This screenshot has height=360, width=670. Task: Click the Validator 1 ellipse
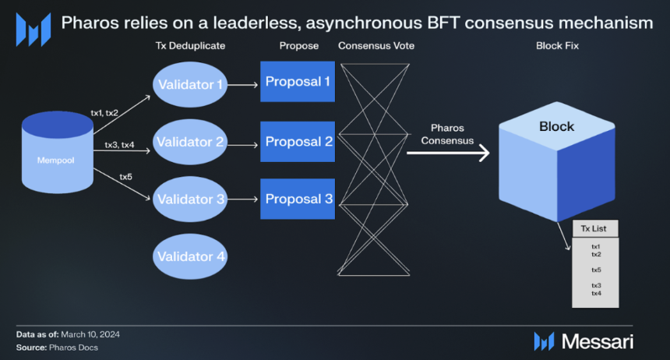pyautogui.click(x=190, y=84)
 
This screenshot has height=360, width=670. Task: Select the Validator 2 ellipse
pyautogui.click(x=190, y=142)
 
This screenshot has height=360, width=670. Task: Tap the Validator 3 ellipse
pyautogui.click(x=190, y=199)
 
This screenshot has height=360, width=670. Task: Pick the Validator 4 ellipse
pyautogui.click(x=190, y=256)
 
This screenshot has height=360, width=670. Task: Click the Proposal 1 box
pyautogui.click(x=298, y=82)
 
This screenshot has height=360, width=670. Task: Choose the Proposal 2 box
pyautogui.click(x=298, y=142)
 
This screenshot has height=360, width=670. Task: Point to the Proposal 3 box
pyautogui.click(x=298, y=199)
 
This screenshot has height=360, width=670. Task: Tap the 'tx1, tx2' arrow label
pyautogui.click(x=104, y=113)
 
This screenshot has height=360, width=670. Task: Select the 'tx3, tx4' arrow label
pyautogui.click(x=119, y=145)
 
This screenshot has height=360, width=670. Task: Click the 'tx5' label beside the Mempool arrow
pyautogui.click(x=125, y=177)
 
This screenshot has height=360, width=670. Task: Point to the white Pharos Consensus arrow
pyautogui.click(x=448, y=154)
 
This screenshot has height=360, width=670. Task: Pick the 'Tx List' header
pyautogui.click(x=595, y=228)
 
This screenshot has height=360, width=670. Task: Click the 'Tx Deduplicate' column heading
pyautogui.click(x=190, y=46)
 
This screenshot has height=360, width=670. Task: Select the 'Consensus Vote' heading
pyautogui.click(x=376, y=46)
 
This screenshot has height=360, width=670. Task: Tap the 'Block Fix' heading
pyautogui.click(x=557, y=46)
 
